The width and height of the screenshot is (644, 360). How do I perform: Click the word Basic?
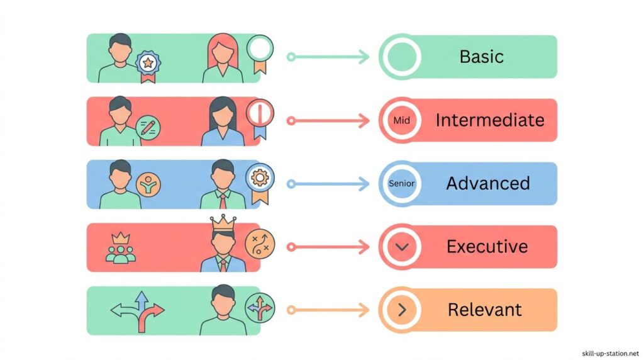coord(481,57)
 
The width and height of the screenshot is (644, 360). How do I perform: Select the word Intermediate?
coord(490,120)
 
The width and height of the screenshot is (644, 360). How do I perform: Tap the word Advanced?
coord(488,184)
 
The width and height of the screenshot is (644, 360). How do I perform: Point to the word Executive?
coord(487,247)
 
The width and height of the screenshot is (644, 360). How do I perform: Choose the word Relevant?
coord(485,310)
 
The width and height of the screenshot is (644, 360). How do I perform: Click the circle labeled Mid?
coord(401,120)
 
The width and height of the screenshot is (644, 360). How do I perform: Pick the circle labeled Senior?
coord(402,184)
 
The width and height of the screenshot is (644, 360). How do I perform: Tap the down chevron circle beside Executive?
coord(402,247)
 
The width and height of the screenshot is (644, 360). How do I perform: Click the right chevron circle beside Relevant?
coord(402,310)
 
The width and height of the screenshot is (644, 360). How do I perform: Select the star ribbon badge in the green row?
coord(148,64)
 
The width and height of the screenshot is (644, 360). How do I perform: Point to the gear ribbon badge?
coord(258,179)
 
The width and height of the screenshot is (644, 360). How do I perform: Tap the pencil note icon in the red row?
coord(148,128)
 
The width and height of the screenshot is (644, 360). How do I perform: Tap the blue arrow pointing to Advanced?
coord(328,184)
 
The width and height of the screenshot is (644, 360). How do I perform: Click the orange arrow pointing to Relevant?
coord(328,310)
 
